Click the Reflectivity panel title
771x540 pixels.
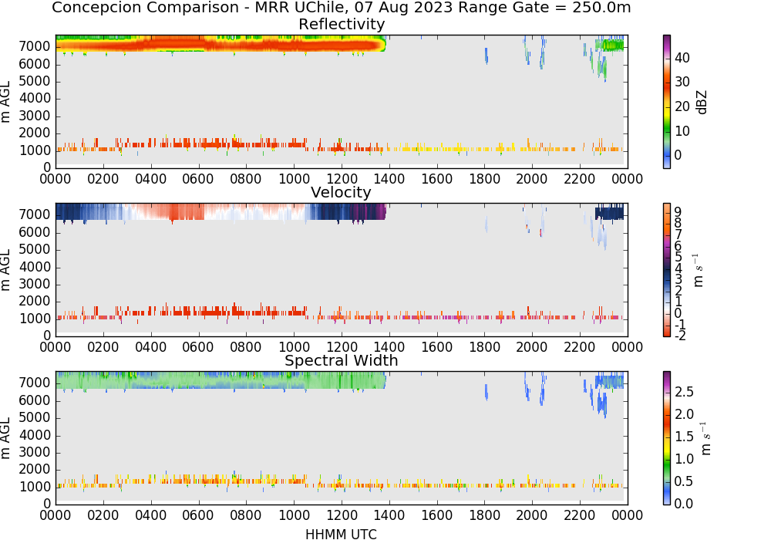(342, 24)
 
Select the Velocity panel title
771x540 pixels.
(342, 192)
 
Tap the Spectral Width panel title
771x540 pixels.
(342, 360)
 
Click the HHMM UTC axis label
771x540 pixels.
(342, 534)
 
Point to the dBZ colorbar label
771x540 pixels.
(702, 102)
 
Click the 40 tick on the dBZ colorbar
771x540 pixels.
(682, 58)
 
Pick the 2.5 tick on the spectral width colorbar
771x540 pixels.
(684, 392)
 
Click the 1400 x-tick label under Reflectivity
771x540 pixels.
(389, 179)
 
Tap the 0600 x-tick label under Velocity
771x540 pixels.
(198, 347)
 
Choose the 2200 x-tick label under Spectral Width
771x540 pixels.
(580, 515)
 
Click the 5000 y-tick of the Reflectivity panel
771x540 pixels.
(35, 81)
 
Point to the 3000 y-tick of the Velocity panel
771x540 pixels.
(35, 284)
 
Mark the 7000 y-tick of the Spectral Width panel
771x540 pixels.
(35, 383)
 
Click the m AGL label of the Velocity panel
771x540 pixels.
(5, 270)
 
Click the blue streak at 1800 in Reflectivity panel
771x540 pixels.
(487, 56)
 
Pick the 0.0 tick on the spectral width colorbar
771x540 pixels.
(684, 504)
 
